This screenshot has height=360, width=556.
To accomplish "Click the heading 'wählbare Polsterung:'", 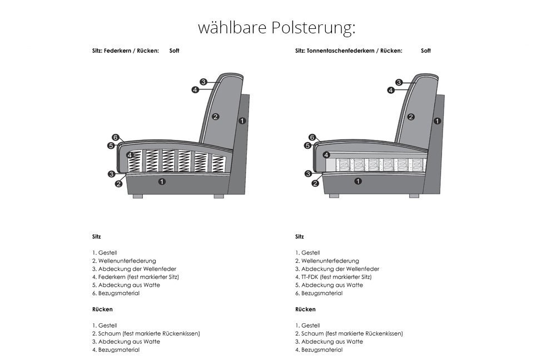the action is (x=276, y=28).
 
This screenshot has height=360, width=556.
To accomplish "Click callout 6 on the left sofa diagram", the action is (x=115, y=137).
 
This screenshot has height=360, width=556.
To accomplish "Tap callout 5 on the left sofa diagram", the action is (x=111, y=146).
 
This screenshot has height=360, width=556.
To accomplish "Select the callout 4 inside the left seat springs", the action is (x=130, y=155).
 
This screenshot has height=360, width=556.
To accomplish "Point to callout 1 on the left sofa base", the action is (x=162, y=182).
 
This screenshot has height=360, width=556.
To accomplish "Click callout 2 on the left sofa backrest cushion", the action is (x=216, y=117).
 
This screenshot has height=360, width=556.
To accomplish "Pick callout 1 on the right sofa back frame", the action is (x=437, y=121).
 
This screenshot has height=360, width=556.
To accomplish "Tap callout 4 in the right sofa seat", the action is (x=326, y=155).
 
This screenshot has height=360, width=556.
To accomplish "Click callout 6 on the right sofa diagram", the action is (x=312, y=137).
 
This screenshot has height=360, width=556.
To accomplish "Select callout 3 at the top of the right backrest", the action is (x=399, y=82).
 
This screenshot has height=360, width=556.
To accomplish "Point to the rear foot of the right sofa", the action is (x=414, y=196).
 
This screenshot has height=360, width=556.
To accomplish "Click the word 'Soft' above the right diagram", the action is (x=426, y=51).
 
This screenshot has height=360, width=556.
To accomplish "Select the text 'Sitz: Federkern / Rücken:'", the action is (x=126, y=51).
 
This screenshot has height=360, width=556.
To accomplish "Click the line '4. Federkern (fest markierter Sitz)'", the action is (x=136, y=277).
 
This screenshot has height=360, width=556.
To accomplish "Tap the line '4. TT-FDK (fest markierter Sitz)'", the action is (x=333, y=277).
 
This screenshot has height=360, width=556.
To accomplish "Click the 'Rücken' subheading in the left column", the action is (x=102, y=309).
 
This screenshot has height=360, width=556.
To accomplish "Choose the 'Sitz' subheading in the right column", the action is (x=300, y=237).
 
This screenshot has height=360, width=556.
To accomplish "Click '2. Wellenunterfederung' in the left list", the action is (x=124, y=261).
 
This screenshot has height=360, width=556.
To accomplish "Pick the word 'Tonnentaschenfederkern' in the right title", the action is (x=335, y=51).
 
